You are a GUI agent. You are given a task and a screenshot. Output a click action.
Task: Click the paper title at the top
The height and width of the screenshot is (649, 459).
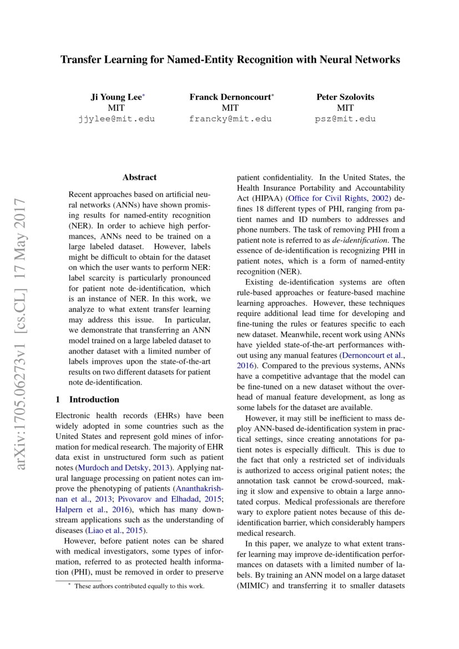point(230,60)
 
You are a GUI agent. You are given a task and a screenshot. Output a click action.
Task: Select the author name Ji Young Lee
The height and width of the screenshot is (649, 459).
point(116,97)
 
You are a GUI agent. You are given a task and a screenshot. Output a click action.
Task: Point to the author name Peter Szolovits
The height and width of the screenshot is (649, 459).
point(345,97)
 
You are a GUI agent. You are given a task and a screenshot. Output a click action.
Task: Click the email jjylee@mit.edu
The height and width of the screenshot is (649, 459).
point(116,119)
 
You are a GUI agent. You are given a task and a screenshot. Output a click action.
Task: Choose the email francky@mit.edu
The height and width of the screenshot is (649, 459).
point(230,119)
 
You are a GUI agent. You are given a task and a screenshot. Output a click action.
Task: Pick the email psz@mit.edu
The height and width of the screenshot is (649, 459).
point(345,119)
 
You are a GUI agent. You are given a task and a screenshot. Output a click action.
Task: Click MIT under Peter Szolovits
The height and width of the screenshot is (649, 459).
point(345,108)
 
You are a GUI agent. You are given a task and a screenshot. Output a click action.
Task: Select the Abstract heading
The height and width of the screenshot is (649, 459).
point(139,178)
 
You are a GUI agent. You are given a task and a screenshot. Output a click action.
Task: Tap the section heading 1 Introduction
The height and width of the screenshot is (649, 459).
point(88,399)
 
